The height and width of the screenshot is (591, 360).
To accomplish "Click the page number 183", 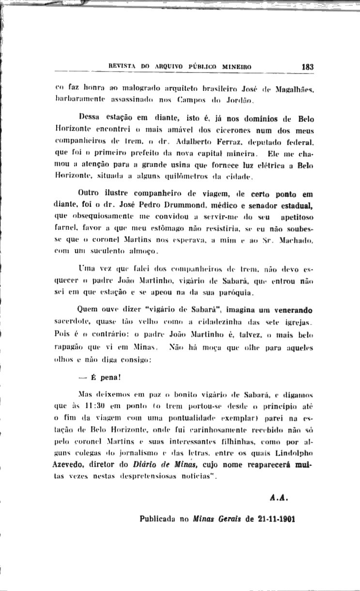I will (307, 67).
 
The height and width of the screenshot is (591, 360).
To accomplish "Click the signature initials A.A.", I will (279, 497).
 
